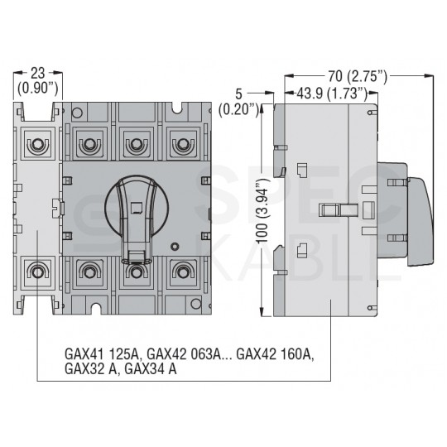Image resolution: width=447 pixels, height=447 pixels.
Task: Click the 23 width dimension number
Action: [x=38, y=74]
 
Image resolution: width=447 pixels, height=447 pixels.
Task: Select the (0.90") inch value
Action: [x=38, y=88]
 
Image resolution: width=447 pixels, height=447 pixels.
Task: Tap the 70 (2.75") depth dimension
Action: [x=358, y=76]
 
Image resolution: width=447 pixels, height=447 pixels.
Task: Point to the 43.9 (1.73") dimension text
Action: [x=332, y=94]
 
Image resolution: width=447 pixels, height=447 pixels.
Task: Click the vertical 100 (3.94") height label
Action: [x=263, y=211]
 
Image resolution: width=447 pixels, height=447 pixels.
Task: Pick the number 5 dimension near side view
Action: [x=238, y=94]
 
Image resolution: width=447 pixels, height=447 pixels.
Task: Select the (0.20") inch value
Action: [x=239, y=109]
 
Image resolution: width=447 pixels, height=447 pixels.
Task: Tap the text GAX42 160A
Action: [x=275, y=354]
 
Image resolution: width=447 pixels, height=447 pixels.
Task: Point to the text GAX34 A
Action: [x=151, y=369]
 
